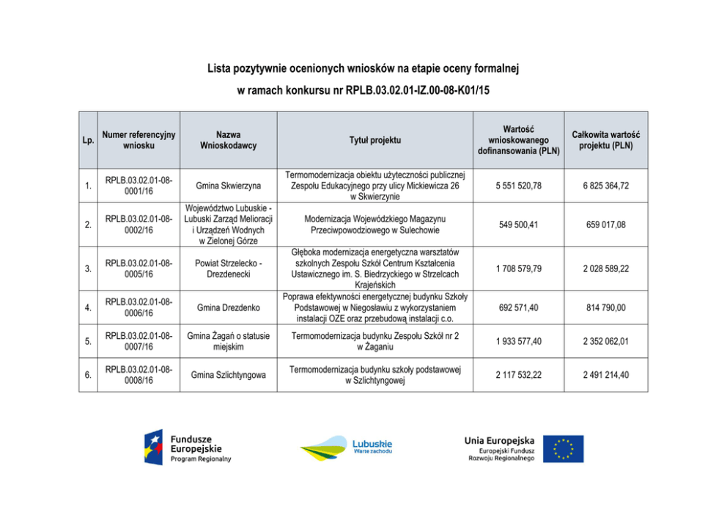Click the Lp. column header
point(88,140)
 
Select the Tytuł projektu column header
point(374,140)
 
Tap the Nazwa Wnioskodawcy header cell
point(228,140)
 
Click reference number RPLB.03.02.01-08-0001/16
point(139,186)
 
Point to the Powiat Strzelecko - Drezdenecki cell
point(228,269)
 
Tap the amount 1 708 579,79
point(519,269)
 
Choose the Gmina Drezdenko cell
point(228,307)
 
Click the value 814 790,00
point(605,307)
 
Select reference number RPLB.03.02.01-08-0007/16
point(139,341)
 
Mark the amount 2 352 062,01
point(605,341)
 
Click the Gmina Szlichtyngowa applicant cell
point(228,376)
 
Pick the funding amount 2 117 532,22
point(519,376)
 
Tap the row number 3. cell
point(88,269)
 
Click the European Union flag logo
point(564,448)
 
